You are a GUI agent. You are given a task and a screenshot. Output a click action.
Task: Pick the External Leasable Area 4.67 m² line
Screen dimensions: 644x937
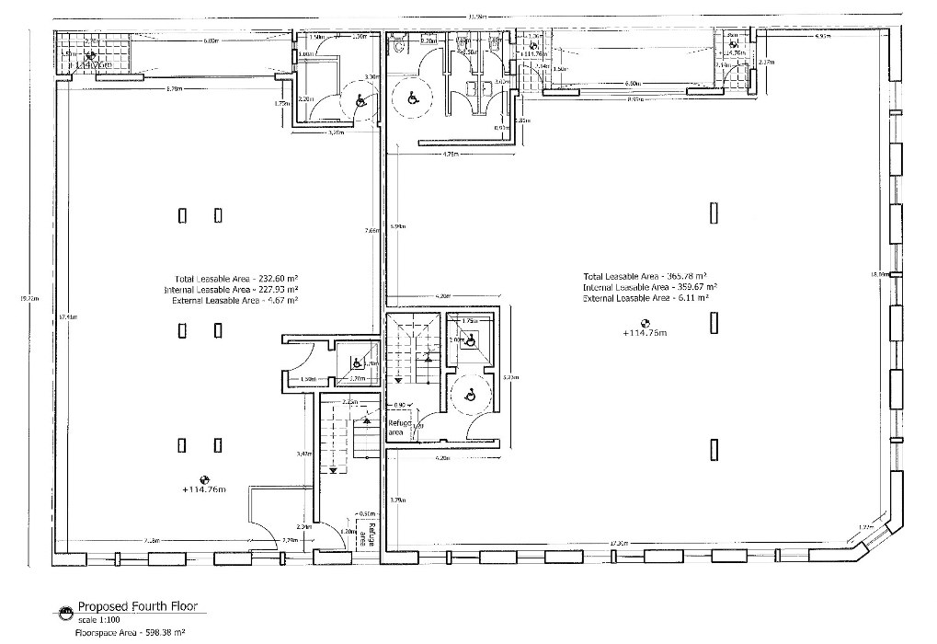(237, 300)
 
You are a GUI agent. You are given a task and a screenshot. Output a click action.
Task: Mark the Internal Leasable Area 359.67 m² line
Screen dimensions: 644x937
(649, 287)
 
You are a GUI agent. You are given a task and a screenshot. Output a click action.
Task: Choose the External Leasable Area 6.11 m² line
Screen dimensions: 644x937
(648, 298)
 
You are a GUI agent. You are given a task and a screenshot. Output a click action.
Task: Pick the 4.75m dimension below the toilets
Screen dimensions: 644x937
(450, 154)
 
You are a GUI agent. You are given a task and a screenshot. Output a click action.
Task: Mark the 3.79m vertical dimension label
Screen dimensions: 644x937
(396, 500)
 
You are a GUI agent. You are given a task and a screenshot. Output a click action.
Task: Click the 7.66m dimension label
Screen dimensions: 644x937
(371, 230)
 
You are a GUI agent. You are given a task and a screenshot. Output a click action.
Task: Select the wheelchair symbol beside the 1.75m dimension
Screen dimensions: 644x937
(470, 340)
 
